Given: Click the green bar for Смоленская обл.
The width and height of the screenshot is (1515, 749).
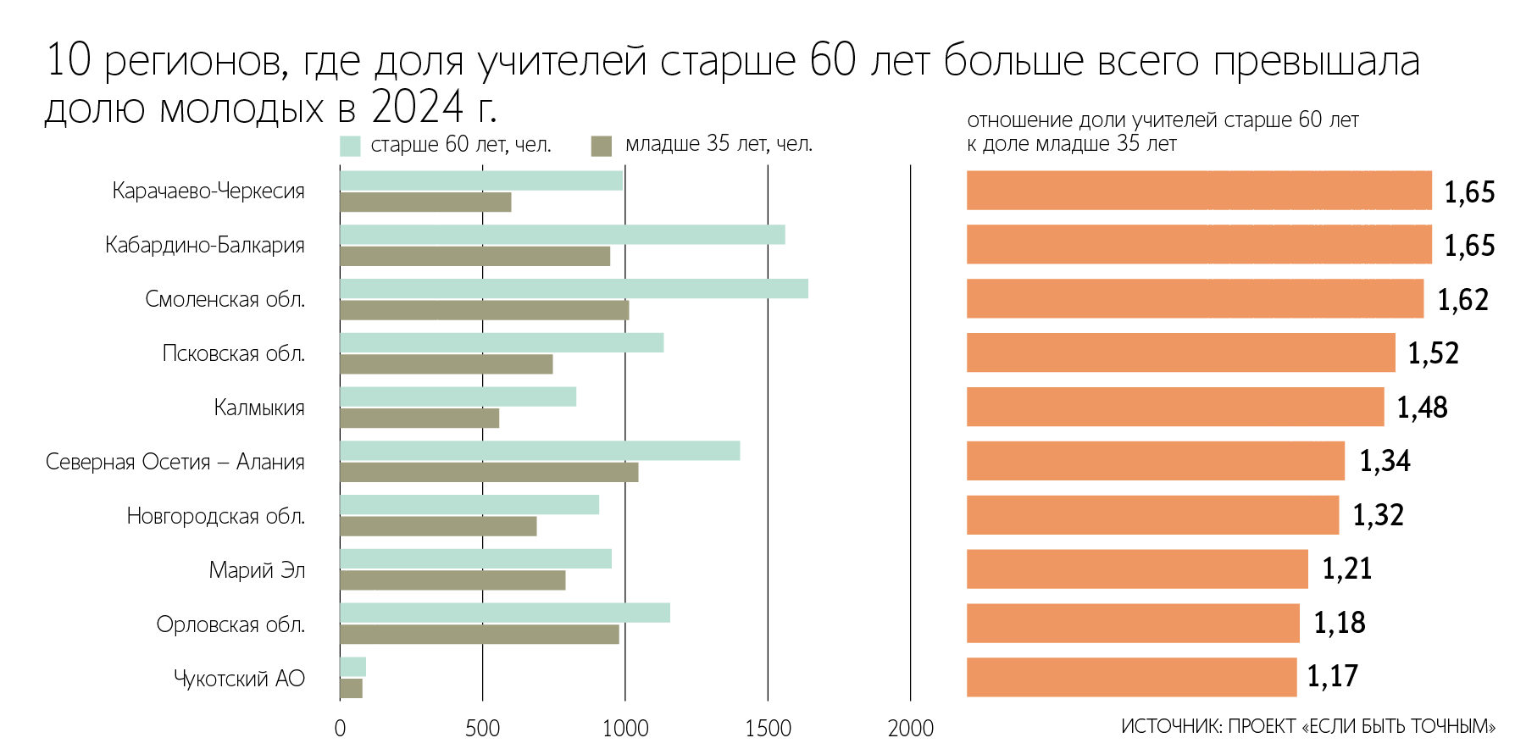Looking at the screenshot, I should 574,289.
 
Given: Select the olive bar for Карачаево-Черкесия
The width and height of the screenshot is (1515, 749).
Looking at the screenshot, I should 425,203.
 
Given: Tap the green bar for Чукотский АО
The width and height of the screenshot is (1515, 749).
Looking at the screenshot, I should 352,667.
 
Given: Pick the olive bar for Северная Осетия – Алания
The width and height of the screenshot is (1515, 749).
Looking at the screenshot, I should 489,473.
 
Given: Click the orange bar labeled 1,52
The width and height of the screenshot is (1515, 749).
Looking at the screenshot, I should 1180,352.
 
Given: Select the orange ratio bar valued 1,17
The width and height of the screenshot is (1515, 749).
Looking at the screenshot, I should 1131,677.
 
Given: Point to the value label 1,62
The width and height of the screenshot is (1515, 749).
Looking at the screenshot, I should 1462,300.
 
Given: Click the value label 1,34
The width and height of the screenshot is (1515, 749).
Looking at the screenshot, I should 1385,461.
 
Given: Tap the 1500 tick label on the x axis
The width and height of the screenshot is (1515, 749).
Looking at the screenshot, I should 768,728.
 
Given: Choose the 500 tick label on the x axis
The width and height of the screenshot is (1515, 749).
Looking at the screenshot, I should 482,728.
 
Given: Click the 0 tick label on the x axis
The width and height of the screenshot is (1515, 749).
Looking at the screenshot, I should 340,728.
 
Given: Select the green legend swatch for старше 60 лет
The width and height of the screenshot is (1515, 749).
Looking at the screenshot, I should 350,146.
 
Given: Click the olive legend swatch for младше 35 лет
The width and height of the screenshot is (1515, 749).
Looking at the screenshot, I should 602,146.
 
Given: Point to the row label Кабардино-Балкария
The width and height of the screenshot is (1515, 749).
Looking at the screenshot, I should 205,245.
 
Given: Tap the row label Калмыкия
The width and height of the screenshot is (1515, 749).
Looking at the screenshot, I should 259,408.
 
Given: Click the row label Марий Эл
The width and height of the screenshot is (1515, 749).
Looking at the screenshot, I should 257,570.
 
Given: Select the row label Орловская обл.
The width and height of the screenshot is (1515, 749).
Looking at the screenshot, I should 230,624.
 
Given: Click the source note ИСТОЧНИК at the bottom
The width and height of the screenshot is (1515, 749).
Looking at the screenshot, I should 1307,727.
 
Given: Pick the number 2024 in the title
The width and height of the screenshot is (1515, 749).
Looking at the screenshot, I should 418,107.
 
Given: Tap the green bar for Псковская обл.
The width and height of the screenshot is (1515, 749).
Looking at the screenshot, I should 502,342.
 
